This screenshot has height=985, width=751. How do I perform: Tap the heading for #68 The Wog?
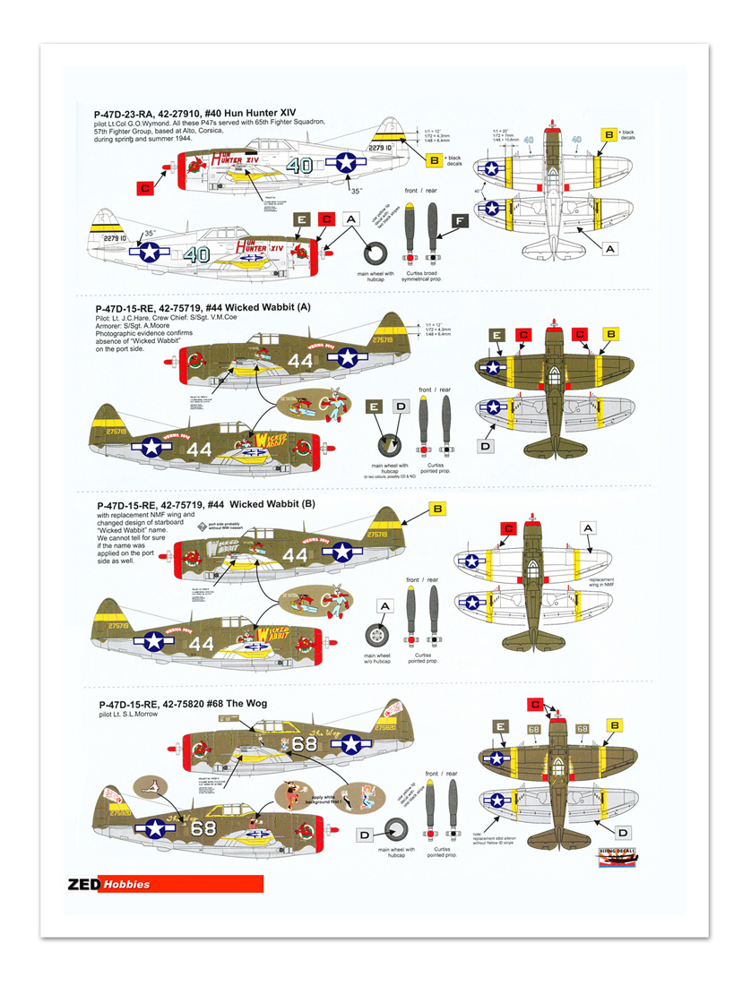click(x=181, y=703)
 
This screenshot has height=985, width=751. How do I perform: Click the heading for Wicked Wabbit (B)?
click(x=205, y=504)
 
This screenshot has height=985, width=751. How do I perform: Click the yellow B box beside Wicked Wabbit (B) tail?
click(x=438, y=509)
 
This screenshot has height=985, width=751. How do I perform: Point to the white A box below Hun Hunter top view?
click(x=609, y=247)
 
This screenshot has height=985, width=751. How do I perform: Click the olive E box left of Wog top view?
click(x=501, y=726)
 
